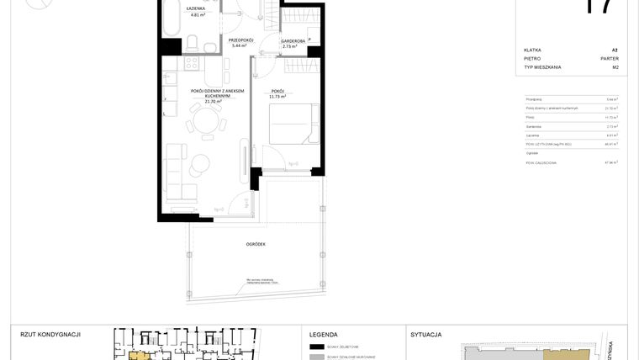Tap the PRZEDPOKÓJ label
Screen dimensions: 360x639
point(241,40)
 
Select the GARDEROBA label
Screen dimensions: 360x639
point(293,40)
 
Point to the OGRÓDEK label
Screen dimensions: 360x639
point(256,244)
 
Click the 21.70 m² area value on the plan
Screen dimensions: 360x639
point(201,102)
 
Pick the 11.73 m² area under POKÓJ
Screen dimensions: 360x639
point(277,97)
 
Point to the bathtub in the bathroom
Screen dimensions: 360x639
point(172,19)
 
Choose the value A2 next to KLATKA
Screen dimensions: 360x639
point(615,50)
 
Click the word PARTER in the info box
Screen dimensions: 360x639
point(610,59)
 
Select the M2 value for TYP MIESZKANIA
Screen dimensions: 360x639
point(615,67)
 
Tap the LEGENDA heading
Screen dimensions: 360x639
point(324,334)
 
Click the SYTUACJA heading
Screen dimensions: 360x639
point(426,334)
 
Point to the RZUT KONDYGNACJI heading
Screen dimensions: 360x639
point(50,334)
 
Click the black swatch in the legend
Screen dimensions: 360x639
point(316,347)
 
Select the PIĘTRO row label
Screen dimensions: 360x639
point(532,59)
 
